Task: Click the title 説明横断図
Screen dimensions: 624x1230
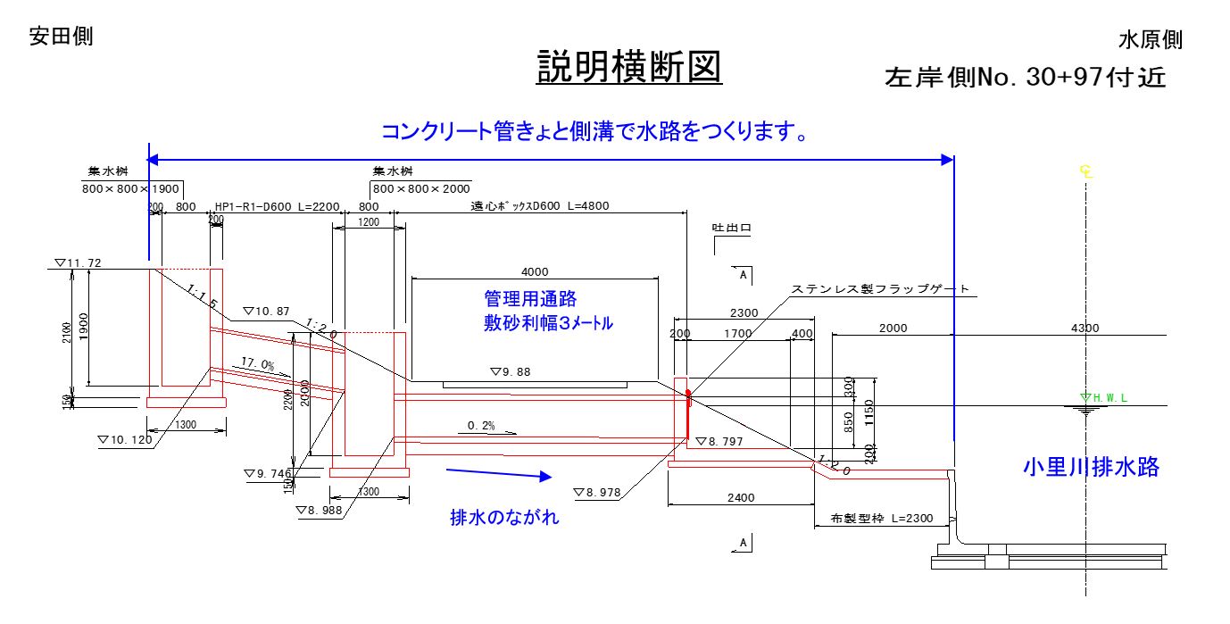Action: pyautogui.click(x=628, y=66)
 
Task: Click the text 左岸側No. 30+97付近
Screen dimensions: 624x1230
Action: pyautogui.click(x=1025, y=78)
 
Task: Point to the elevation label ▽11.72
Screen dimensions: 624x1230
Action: pyautogui.click(x=78, y=263)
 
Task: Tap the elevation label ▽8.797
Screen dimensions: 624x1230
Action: pyautogui.click(x=719, y=441)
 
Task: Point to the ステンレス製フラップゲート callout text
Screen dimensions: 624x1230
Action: pyautogui.click(x=880, y=290)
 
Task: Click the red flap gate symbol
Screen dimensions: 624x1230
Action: pyautogui.click(x=688, y=412)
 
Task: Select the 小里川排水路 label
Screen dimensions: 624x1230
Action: pyautogui.click(x=1091, y=468)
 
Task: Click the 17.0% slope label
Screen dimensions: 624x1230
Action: pyautogui.click(x=257, y=363)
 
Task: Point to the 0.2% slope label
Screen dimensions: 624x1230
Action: pyautogui.click(x=481, y=426)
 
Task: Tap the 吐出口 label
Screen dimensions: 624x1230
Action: pyautogui.click(x=731, y=229)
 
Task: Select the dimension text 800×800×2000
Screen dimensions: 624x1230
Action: pyautogui.click(x=421, y=189)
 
